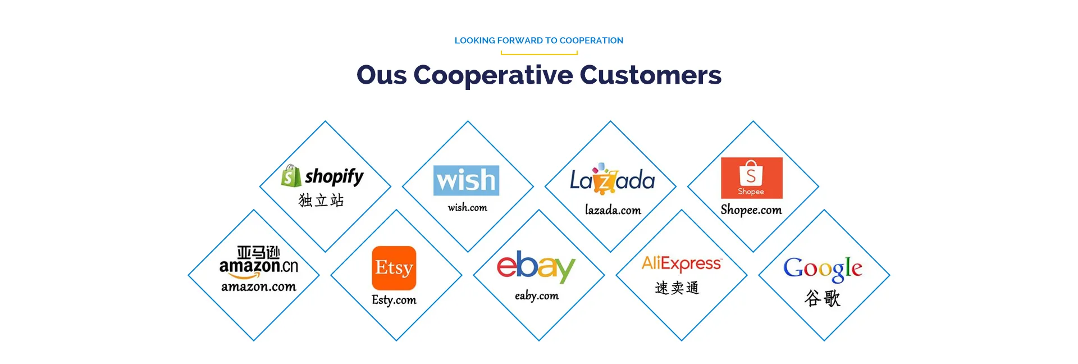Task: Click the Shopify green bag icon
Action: coord(291,176)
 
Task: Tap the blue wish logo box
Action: coord(466,180)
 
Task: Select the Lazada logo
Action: coord(612,179)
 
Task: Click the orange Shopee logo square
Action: coord(751,178)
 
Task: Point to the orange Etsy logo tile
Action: coord(394,268)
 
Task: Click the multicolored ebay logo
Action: coord(536,267)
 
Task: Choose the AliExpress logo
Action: coord(682,263)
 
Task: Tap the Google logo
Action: coord(823,269)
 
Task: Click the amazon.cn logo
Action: coord(258,262)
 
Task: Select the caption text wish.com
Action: coord(467,208)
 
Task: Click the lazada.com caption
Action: coord(613,210)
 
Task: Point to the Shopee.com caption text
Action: coord(751,210)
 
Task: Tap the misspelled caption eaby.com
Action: coord(537,295)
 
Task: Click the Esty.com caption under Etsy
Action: coord(394,300)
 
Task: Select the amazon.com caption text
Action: coord(258,286)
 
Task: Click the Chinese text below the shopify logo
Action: coord(321,201)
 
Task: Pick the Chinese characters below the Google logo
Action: coord(823,298)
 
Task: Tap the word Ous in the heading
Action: coord(382,75)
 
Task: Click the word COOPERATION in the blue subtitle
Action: coord(591,40)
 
